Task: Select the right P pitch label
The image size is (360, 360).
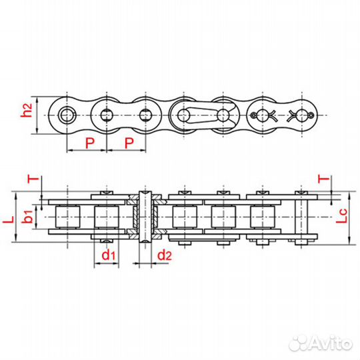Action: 130,143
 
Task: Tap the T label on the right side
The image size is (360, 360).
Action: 323,179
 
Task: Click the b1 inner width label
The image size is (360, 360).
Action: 26,218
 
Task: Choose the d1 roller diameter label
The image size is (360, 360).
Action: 107,255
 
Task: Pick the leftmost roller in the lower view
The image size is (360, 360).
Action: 68,217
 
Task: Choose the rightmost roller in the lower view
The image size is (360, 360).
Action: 261,217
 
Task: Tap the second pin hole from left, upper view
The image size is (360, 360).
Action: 106,115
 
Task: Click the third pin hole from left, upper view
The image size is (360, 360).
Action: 146,115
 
